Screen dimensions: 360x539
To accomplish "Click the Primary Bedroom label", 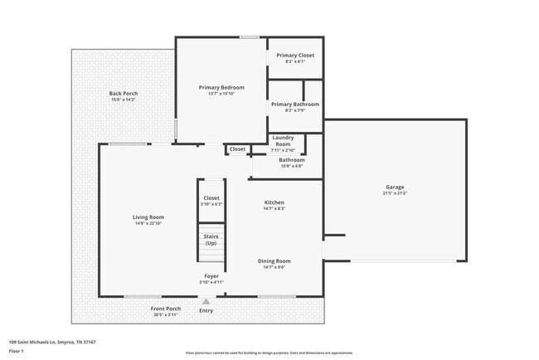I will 221,87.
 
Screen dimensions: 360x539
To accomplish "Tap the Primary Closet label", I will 295,56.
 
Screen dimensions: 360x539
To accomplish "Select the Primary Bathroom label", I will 295,105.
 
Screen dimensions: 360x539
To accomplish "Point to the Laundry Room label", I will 283,140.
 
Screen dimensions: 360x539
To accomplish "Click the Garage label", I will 395,187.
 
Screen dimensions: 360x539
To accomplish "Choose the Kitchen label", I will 274,202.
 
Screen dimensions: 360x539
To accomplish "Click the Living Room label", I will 148,217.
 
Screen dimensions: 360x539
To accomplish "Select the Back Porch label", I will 124,94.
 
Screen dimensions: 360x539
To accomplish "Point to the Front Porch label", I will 167,309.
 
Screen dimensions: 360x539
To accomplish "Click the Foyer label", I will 211,276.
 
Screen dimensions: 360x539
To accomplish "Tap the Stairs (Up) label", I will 211,239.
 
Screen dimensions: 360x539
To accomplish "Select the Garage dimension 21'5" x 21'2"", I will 395,193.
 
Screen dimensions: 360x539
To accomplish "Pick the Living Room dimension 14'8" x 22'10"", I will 148,224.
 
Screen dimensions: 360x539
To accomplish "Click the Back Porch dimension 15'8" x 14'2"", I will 124,100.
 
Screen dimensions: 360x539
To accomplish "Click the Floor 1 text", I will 17,351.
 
